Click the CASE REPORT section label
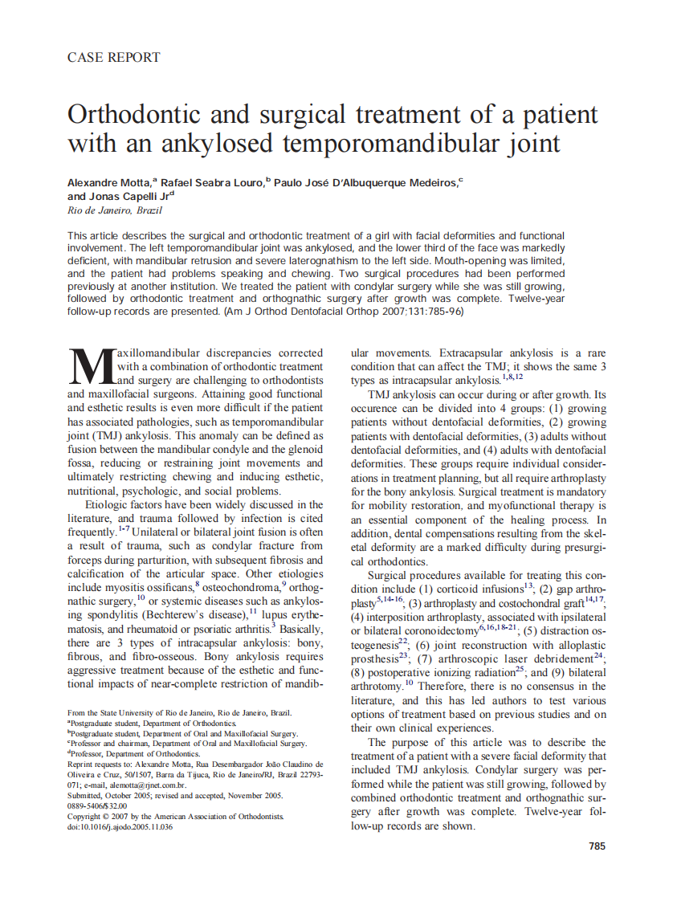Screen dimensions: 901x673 tap(113, 58)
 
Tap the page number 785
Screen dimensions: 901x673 tap(597, 846)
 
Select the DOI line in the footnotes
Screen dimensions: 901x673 tap(120, 826)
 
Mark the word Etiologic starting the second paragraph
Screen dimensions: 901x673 tap(108, 504)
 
